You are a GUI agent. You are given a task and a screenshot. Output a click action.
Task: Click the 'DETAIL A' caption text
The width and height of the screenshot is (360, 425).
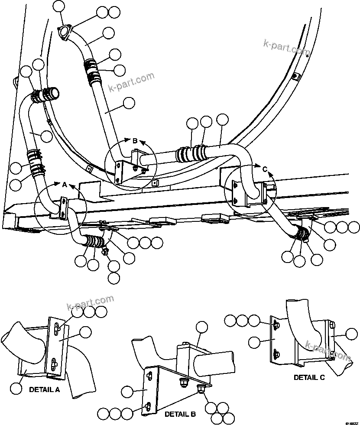click(x=44, y=389)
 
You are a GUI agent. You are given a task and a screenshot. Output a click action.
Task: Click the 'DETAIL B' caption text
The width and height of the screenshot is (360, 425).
click(x=180, y=414)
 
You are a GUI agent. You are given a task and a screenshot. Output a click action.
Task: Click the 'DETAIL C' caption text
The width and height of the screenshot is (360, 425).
click(x=309, y=377)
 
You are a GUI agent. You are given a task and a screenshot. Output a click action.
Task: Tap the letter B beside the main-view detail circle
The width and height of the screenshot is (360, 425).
click(x=135, y=141)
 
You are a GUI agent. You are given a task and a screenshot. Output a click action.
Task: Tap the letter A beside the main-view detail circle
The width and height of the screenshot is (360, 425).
click(x=64, y=185)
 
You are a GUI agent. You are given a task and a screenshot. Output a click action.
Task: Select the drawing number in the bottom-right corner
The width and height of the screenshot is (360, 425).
click(x=351, y=422)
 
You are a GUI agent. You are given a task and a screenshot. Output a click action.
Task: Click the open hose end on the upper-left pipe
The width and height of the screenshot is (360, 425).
click(x=54, y=92)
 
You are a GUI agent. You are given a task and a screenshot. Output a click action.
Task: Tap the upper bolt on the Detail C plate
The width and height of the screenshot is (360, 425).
click(x=276, y=322)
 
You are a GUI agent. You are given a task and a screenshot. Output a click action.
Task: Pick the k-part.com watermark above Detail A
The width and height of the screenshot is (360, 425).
click(x=91, y=303)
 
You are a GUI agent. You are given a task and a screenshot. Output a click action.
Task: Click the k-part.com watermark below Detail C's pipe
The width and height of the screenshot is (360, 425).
click(x=328, y=351)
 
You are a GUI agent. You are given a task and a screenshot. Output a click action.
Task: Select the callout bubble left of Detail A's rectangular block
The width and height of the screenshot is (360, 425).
click(x=16, y=389)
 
